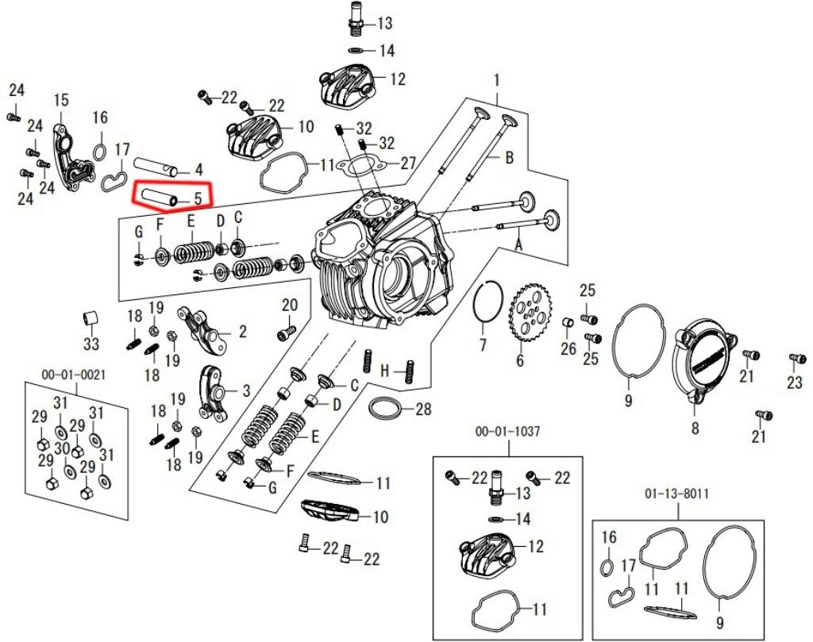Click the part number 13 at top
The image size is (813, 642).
click(385, 22)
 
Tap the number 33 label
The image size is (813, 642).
click(91, 344)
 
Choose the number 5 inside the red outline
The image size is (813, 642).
click(198, 195)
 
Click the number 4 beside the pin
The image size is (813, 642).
click(198, 169)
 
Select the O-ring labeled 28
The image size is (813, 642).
click(386, 409)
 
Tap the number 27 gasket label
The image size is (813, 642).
click(407, 163)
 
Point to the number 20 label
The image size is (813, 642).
click(289, 305)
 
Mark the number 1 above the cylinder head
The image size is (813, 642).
click(497, 81)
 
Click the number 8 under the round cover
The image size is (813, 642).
click(695, 429)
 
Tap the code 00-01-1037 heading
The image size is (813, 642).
click(507, 432)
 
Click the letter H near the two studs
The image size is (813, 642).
click(384, 371)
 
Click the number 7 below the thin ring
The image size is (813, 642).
click(482, 345)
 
